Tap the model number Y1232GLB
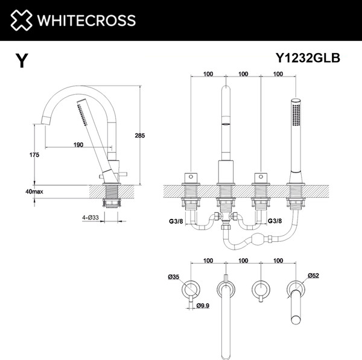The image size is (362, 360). pos(308,58)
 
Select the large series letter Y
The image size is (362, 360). pos(22,61)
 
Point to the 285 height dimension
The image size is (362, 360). pos(140,136)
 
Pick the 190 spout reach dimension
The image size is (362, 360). pos(78,144)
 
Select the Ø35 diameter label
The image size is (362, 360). pos(175,277)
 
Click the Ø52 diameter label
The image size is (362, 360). pos(313,276)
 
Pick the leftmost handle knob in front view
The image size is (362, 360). pos(191,178)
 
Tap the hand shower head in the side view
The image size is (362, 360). pos(84,115)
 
